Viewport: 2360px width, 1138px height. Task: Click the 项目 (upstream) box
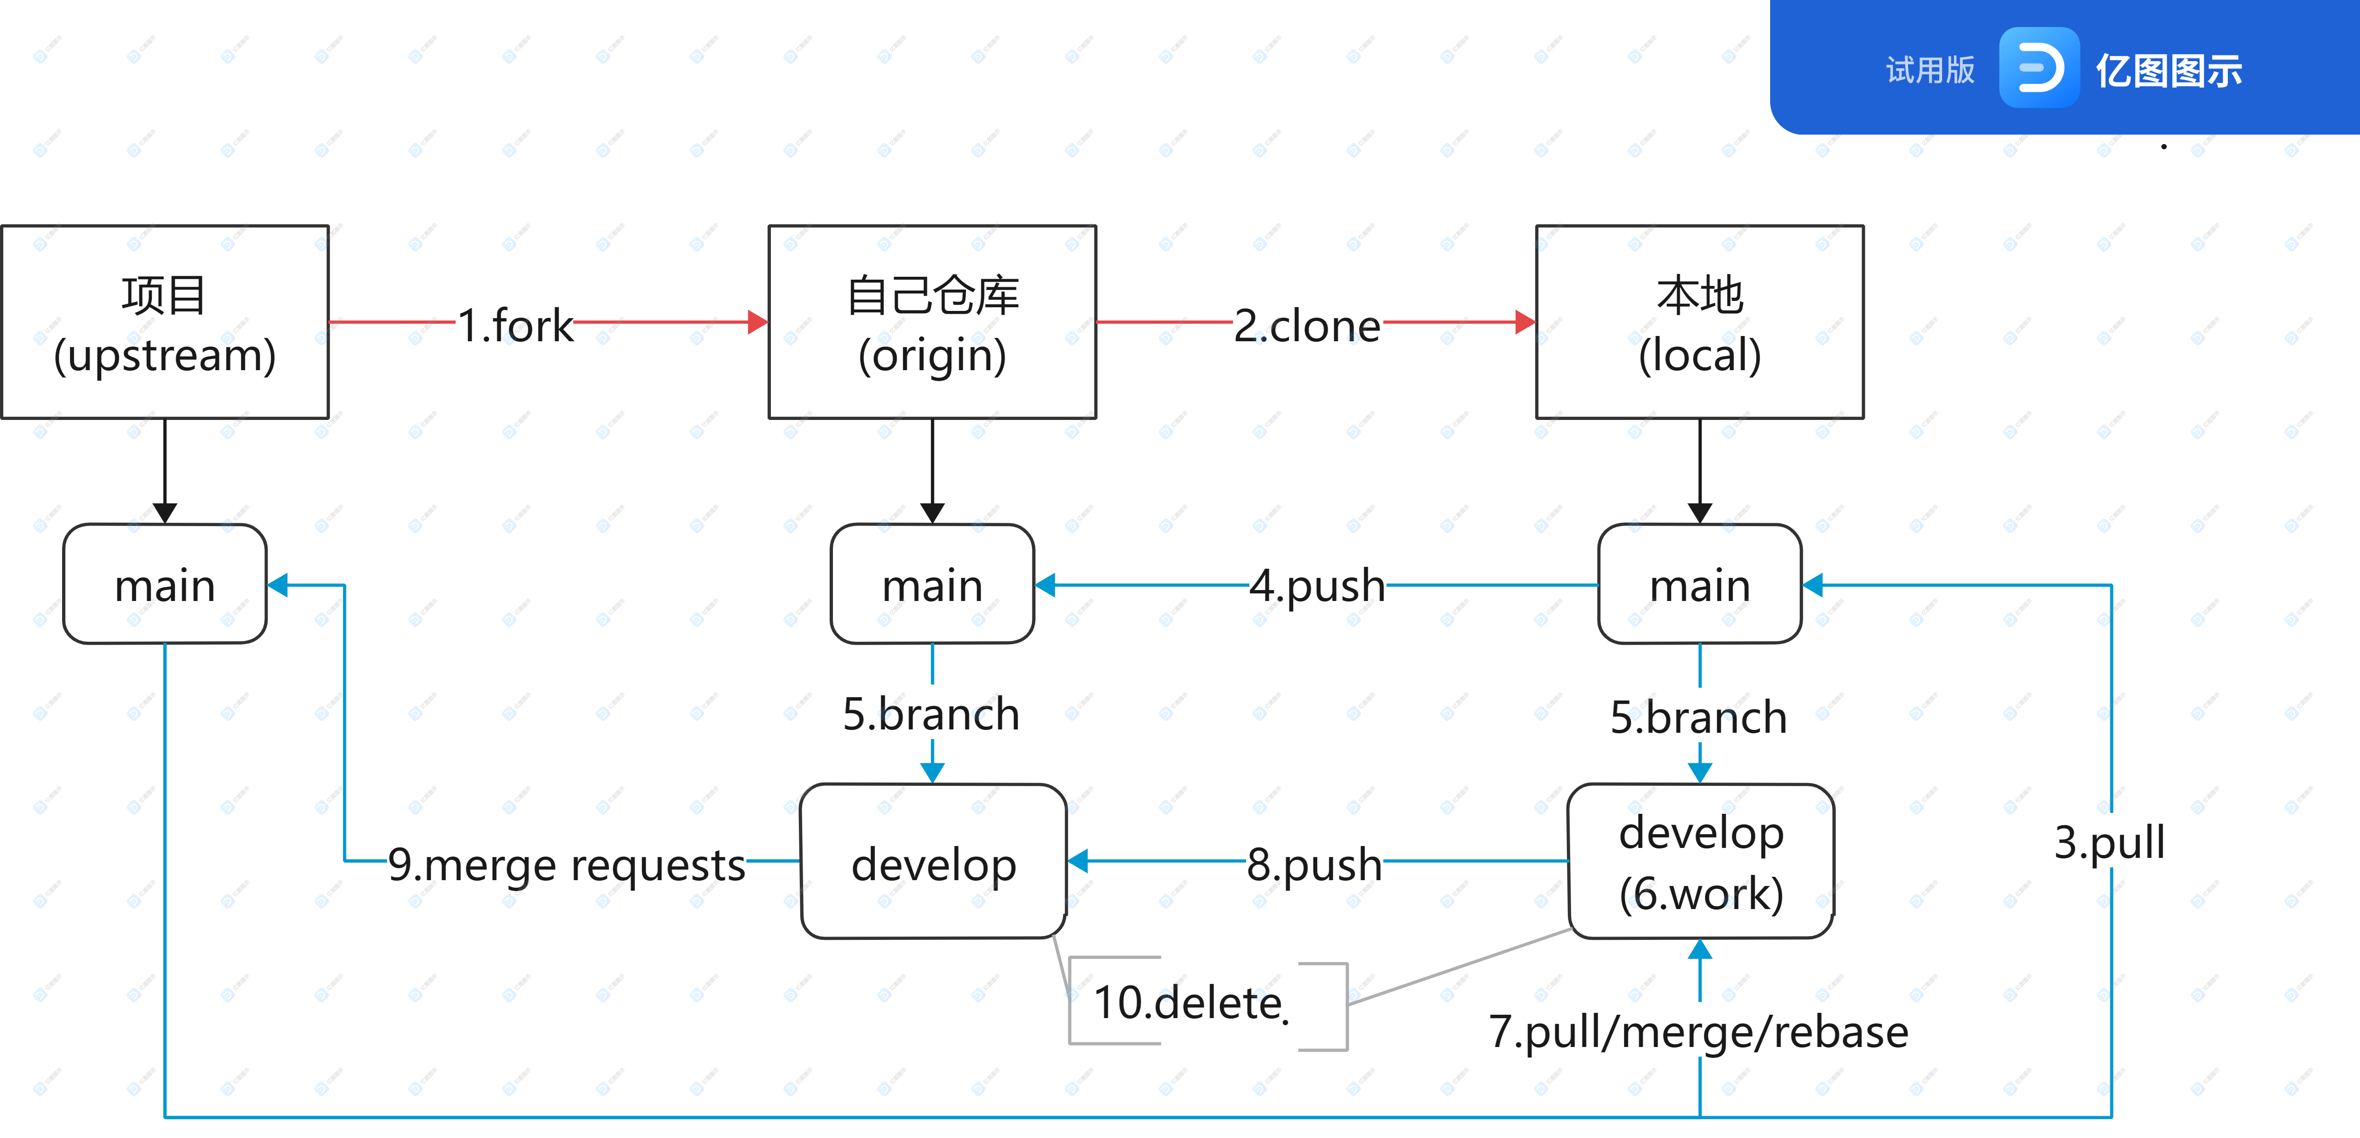point(165,322)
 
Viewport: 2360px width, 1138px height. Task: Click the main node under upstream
point(165,584)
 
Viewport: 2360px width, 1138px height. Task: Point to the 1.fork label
point(515,325)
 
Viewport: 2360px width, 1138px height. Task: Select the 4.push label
point(1318,584)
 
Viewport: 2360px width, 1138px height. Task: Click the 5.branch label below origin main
point(931,714)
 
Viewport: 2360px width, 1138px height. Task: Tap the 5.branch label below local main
point(1699,717)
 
